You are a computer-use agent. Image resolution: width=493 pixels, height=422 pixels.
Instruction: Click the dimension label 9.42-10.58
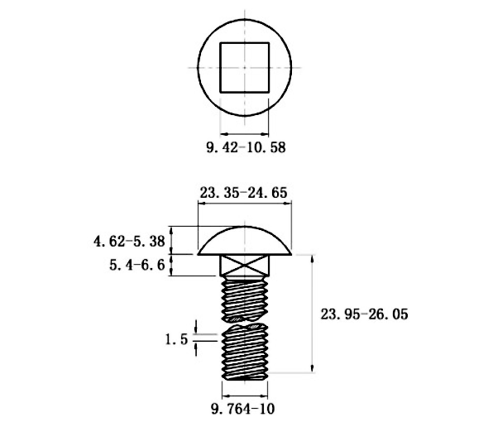(x=246, y=147)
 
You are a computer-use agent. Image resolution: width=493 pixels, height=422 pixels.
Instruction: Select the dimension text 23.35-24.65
(x=244, y=193)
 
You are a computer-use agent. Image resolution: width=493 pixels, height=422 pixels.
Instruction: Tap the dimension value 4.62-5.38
(x=129, y=242)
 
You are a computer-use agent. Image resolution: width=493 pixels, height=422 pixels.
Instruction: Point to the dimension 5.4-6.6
(x=137, y=265)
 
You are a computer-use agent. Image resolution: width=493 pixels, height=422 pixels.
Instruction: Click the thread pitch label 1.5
(x=177, y=339)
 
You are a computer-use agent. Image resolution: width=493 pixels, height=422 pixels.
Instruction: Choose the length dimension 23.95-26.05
(x=365, y=314)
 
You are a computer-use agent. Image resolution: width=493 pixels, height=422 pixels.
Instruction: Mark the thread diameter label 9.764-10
(x=242, y=409)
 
